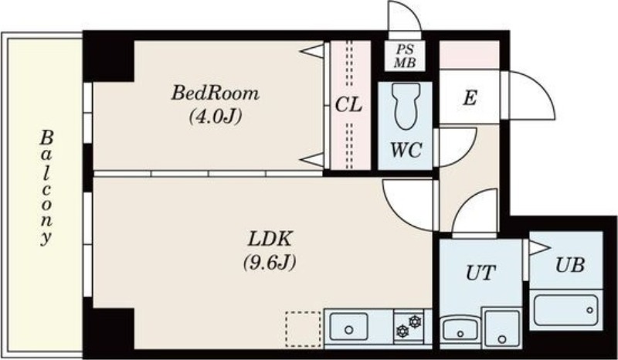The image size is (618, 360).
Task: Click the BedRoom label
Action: point(216,93)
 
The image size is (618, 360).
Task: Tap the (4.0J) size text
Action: point(216,117)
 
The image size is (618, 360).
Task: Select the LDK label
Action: point(270,239)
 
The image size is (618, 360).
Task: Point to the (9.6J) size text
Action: point(270,263)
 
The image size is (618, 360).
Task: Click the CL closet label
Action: point(349,105)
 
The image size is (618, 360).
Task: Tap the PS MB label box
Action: point(405,56)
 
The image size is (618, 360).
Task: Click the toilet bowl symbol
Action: point(406,106)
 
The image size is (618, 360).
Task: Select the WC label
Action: point(406,150)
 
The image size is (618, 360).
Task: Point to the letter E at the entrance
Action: point(470,97)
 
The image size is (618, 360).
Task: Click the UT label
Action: point(480,273)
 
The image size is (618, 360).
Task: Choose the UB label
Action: point(569,265)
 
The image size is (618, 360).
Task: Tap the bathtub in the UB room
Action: point(566,310)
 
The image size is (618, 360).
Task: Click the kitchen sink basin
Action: point(349,327)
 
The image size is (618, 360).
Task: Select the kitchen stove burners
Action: point(409,327)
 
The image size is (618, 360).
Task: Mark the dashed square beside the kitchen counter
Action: point(303,329)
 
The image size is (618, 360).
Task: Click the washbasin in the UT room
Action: point(460,330)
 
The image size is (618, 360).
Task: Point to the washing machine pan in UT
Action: point(502,329)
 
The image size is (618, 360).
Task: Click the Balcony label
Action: point(46,188)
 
